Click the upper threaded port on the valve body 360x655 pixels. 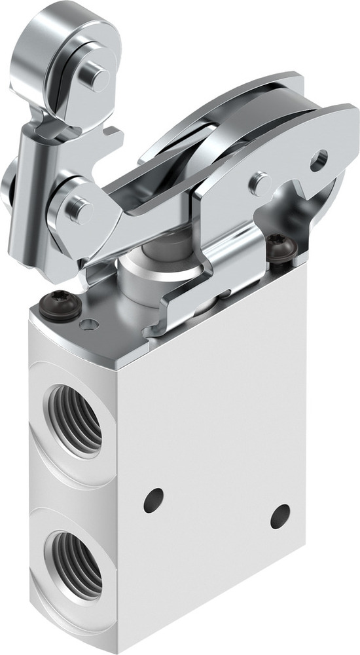(x=73, y=420)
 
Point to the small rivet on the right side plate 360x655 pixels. (x=261, y=181)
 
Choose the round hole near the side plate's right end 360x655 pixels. (x=319, y=160)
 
